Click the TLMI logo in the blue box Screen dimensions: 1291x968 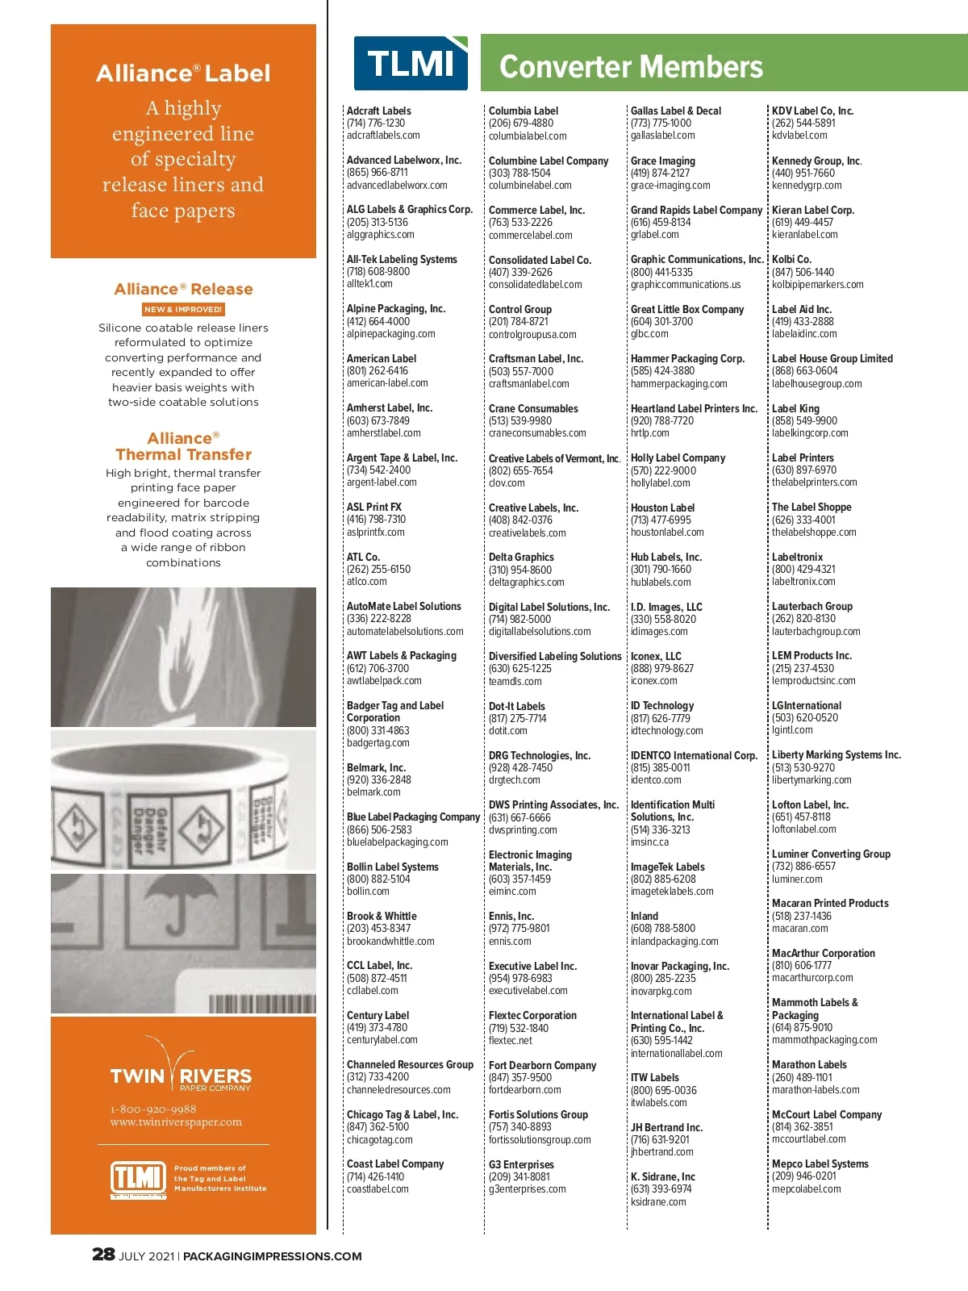tap(411, 63)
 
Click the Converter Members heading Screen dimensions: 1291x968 tap(631, 66)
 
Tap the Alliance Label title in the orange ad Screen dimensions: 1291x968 tap(183, 73)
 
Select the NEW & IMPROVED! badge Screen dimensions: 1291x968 tap(183, 309)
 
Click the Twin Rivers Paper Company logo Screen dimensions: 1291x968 tap(181, 1067)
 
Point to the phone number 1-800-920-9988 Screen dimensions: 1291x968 tap(153, 1109)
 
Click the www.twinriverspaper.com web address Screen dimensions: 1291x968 tap(176, 1122)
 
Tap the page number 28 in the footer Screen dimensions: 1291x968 tap(103, 1254)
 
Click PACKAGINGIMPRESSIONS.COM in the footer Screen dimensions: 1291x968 tap(273, 1256)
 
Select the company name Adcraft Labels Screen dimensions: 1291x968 tap(378, 111)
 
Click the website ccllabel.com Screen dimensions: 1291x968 tap(372, 990)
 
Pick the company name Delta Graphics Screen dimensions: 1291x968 tap(521, 557)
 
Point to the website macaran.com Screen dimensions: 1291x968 tap(799, 928)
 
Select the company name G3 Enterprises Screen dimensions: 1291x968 tap(521, 1164)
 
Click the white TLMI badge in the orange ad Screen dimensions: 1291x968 tap(138, 1179)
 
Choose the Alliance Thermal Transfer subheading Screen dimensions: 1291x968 tap(183, 446)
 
